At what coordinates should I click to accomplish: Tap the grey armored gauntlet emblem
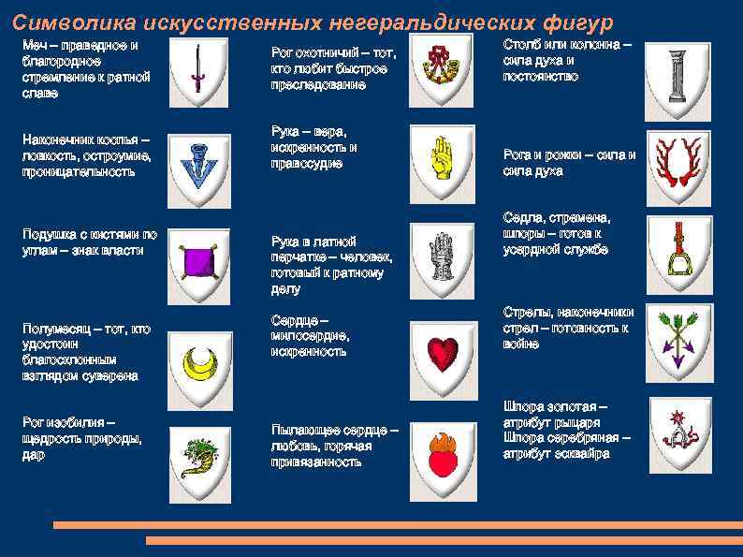(441, 254)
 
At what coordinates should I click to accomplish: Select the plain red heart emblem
(441, 354)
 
